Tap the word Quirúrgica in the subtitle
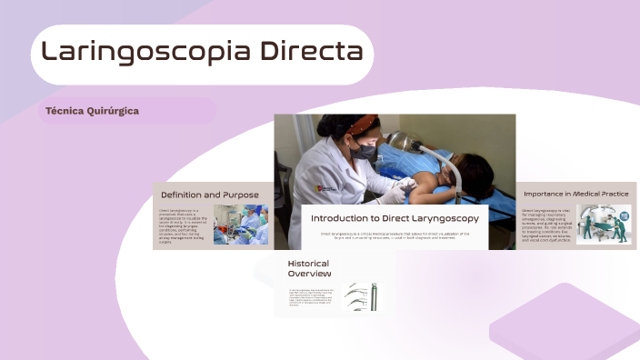click(x=113, y=111)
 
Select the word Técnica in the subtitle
click(x=63, y=111)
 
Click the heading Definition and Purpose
click(x=210, y=195)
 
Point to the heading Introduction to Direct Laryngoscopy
click(x=395, y=218)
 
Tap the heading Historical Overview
click(x=308, y=268)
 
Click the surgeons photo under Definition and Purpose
click(x=241, y=225)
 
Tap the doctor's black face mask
click(x=364, y=153)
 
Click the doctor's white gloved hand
click(x=393, y=194)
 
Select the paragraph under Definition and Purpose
click(x=184, y=225)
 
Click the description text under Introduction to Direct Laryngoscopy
click(x=395, y=235)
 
